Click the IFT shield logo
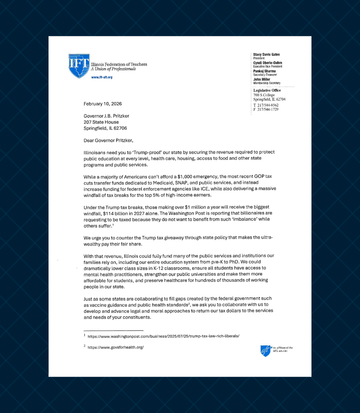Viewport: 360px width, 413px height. (x=79, y=66)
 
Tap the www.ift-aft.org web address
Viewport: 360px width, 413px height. (x=102, y=77)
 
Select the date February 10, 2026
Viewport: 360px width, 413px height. (x=103, y=104)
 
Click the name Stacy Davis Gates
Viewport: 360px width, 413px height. (x=266, y=55)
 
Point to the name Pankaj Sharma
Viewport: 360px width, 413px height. (x=264, y=71)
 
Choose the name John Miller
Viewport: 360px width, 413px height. (x=261, y=80)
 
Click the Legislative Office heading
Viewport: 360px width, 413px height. (x=267, y=90)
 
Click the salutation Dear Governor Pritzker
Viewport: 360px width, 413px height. (x=109, y=140)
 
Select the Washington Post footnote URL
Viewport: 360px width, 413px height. (x=163, y=336)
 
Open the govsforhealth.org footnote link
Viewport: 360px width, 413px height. (x=115, y=347)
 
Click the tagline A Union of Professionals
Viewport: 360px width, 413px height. (x=113, y=69)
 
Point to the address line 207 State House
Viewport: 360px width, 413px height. (x=101, y=122)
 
